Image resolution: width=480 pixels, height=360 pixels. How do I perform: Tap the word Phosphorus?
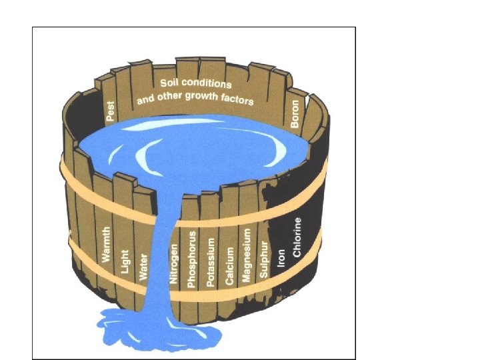point(192,259)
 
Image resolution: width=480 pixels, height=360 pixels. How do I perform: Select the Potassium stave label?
point(211,262)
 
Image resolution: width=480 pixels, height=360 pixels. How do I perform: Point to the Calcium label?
point(231,266)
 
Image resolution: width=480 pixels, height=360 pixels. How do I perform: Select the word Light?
point(125,261)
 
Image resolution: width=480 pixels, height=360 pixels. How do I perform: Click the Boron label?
point(295,114)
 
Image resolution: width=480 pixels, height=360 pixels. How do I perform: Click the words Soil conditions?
point(196,84)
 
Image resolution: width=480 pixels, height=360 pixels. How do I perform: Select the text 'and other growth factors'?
point(195,98)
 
